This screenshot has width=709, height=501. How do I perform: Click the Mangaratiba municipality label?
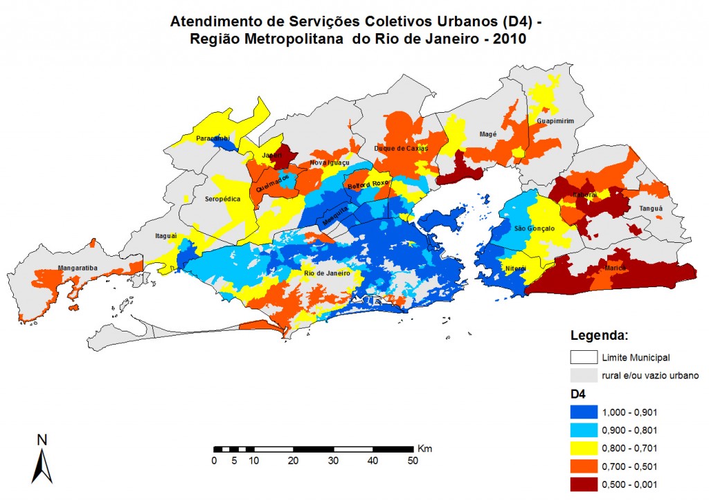tap(57, 267)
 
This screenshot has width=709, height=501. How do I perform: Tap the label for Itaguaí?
tap(165, 236)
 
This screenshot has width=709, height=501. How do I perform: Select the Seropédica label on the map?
tap(222, 199)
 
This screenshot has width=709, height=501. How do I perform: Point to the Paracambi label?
tap(213, 138)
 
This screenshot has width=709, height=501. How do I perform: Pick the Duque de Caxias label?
tap(401, 148)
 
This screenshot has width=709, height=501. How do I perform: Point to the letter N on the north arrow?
tap(42, 439)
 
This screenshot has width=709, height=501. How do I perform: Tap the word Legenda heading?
tap(598, 336)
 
